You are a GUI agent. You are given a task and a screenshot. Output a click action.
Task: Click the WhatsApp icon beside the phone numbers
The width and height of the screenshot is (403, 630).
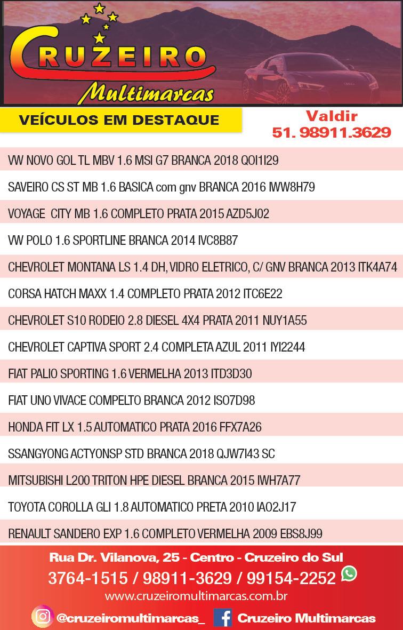pos(349,574)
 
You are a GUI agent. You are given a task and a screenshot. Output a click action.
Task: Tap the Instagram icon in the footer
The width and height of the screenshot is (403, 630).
pos(42,617)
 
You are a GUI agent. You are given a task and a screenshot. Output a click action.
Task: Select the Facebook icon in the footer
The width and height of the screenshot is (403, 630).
pos(222,617)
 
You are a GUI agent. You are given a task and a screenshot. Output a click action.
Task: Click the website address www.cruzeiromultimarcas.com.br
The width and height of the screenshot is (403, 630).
pos(196,595)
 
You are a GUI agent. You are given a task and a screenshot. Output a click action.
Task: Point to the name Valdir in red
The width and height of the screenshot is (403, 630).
pos(331,116)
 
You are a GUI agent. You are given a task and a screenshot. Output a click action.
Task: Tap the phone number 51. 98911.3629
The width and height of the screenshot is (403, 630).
pos(331,133)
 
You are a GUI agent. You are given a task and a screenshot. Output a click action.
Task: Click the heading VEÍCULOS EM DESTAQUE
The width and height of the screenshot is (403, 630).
pos(119,119)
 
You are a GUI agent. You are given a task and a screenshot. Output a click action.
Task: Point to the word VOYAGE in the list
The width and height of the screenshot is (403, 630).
pos(27,214)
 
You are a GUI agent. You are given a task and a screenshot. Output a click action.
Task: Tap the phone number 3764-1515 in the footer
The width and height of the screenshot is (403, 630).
pos(88,578)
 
